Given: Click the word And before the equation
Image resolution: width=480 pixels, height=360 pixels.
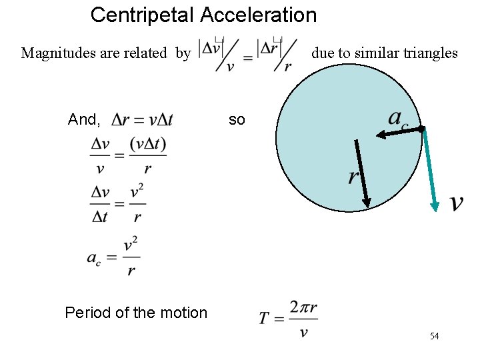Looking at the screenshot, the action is click(83, 120).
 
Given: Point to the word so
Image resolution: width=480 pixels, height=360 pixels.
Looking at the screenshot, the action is click(237, 120).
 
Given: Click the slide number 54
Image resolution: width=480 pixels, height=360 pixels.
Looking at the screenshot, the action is click(434, 336).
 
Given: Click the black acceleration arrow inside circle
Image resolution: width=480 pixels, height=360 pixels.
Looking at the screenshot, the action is click(399, 132).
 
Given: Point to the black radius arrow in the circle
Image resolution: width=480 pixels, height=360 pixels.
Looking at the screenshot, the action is click(362, 173).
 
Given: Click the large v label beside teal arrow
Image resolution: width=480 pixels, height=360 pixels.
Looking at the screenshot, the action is click(457, 202).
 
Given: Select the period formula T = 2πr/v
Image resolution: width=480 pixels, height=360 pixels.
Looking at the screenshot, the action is click(288, 319).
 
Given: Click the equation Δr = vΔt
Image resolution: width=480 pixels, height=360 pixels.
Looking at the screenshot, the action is click(142, 120).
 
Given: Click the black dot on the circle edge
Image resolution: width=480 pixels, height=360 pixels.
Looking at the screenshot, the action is click(422, 127).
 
